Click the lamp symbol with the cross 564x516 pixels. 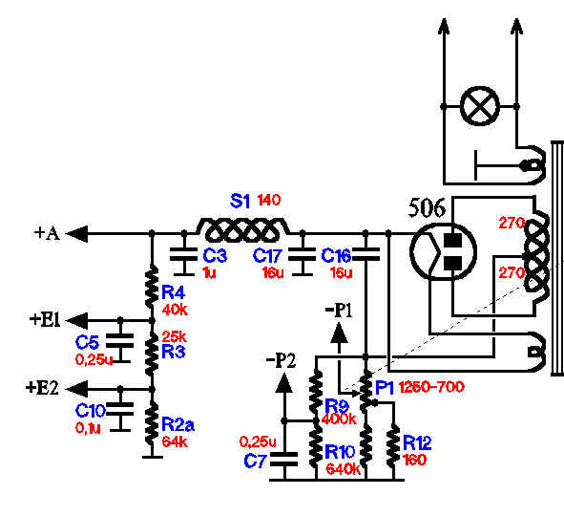[x=480, y=106]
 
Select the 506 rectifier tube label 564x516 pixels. [x=427, y=208]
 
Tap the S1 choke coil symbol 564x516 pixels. [x=242, y=229]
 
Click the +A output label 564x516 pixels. [x=47, y=233]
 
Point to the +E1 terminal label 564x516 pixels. [x=45, y=319]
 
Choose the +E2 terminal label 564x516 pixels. [x=42, y=388]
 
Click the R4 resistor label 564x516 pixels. [x=173, y=292]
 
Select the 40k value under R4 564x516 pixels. [x=175, y=310]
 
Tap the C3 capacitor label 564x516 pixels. [x=215, y=255]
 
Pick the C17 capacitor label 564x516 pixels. [x=267, y=256]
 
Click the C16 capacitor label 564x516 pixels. [x=336, y=256]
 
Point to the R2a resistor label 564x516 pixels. [x=178, y=424]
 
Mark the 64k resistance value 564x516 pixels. [x=175, y=441]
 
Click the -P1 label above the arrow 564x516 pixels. [x=339, y=311]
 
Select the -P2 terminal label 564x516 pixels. [x=281, y=360]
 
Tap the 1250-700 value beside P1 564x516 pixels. [x=431, y=387]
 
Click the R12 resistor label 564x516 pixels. [x=417, y=442]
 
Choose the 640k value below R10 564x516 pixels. [x=344, y=469]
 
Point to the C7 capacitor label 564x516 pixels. [x=256, y=461]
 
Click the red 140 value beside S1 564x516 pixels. [x=269, y=200]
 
